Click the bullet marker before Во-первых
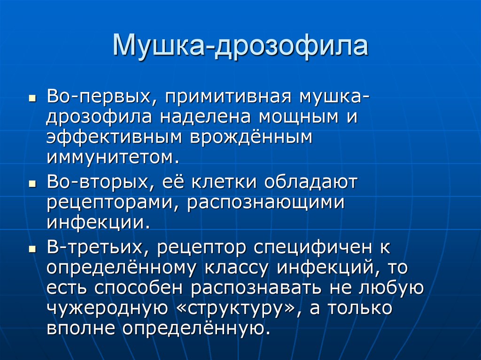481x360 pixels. coord(32,100)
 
